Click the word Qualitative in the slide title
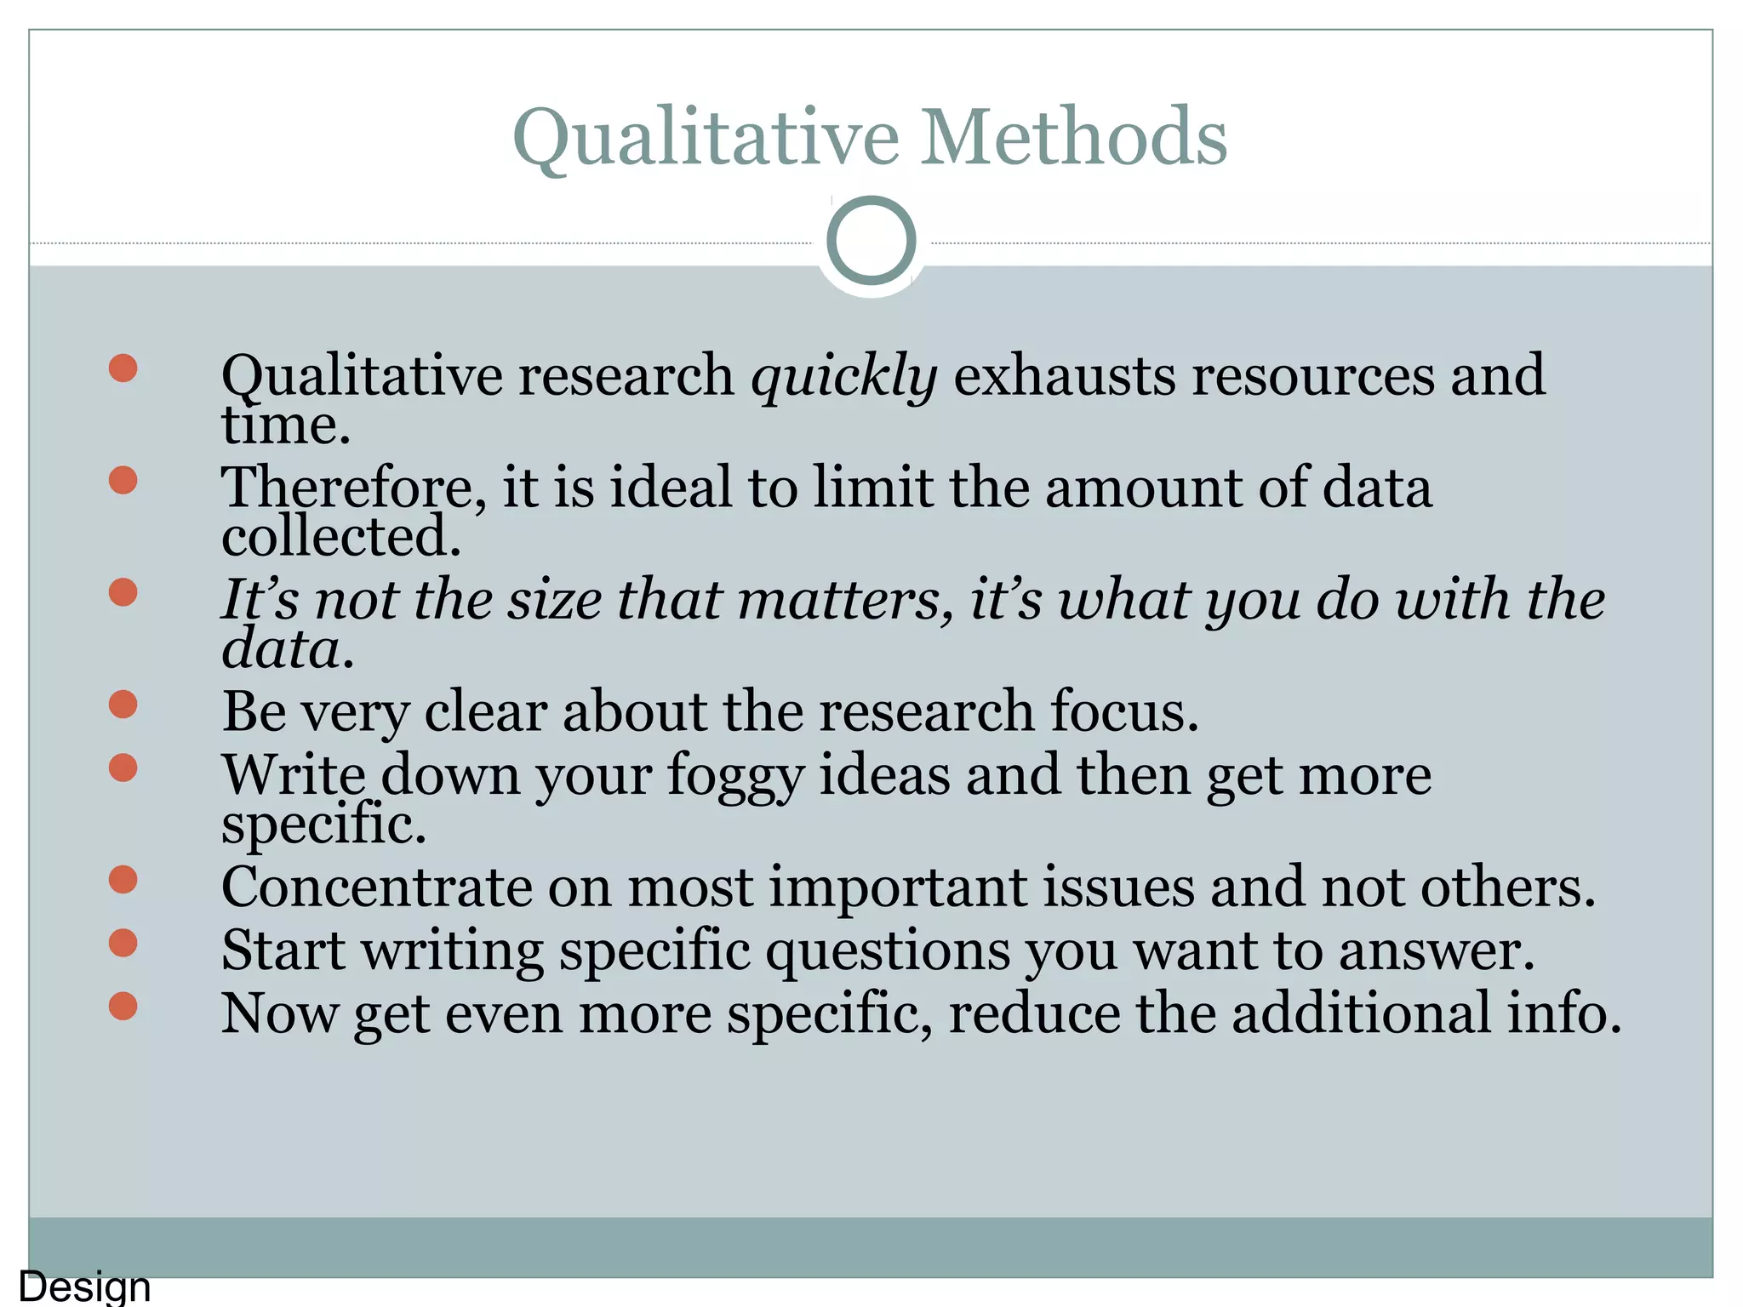coord(706,138)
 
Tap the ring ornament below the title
coord(871,241)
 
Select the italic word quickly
coord(843,375)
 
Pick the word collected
coord(340,537)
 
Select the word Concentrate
coord(375,887)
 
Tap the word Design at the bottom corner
coord(84,1287)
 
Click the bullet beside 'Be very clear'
coord(123,705)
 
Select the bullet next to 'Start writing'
coord(123,943)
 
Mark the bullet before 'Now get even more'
coord(123,1006)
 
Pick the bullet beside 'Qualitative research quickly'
coord(123,368)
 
